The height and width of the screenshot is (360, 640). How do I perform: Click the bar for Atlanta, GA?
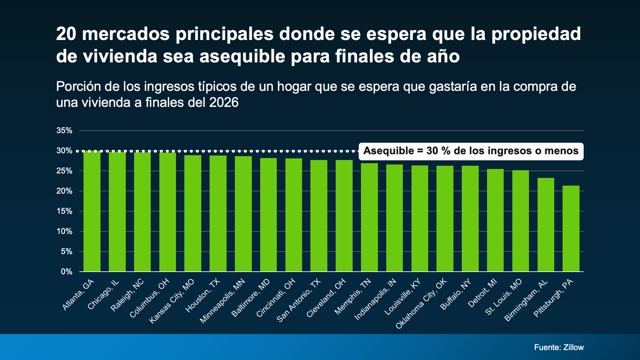pyautogui.click(x=92, y=211)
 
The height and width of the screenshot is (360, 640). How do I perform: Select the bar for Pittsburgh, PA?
pyautogui.click(x=571, y=228)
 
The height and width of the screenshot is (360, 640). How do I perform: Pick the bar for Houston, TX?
pyautogui.click(x=218, y=213)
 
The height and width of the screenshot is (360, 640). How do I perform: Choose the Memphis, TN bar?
pyautogui.click(x=369, y=217)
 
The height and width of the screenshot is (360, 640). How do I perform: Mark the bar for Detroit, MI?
pyautogui.click(x=495, y=220)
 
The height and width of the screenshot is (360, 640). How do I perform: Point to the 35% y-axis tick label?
pyautogui.click(x=64, y=131)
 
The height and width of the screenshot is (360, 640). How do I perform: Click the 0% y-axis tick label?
pyautogui.click(x=67, y=272)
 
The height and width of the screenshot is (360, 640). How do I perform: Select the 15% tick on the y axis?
pyautogui.click(x=64, y=211)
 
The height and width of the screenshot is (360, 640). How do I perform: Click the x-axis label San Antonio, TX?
pyautogui.click(x=299, y=300)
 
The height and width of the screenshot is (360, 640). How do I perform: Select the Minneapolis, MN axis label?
pyautogui.click(x=222, y=301)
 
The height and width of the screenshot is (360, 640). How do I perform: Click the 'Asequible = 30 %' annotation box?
pyautogui.click(x=471, y=151)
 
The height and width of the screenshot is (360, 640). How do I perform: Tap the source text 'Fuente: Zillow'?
pyautogui.click(x=559, y=348)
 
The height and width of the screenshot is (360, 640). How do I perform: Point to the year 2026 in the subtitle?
pyautogui.click(x=224, y=103)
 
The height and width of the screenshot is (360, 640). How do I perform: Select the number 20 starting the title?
pyautogui.click(x=66, y=34)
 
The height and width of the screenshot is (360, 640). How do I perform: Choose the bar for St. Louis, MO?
pyautogui.click(x=520, y=221)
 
